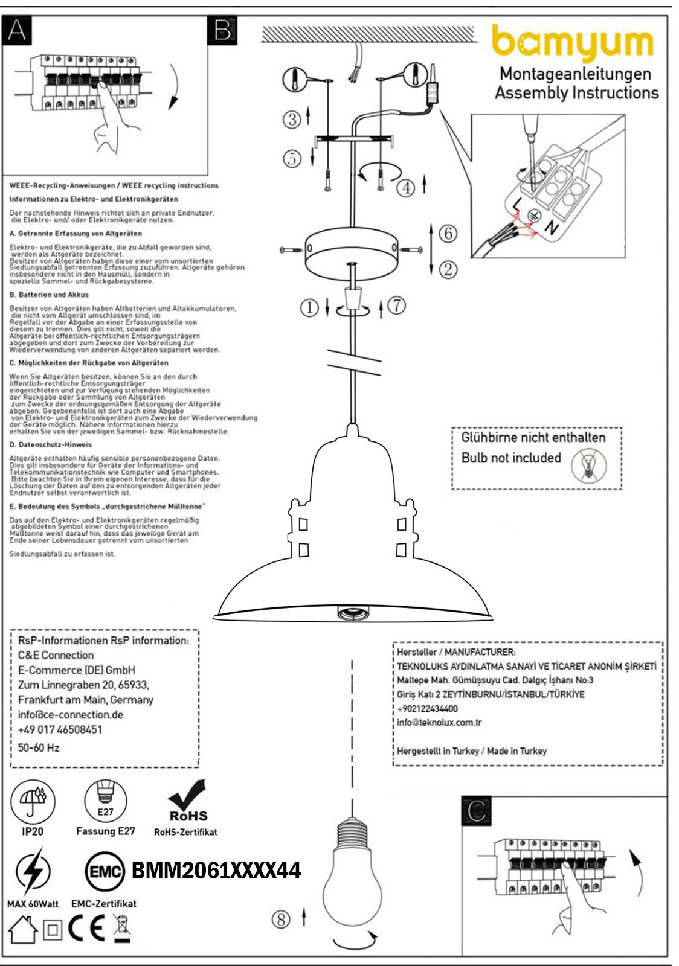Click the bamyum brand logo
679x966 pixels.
(x=573, y=43)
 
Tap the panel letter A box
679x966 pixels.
(x=17, y=30)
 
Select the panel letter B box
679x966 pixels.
(x=222, y=30)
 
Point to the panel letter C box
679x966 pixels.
(x=477, y=811)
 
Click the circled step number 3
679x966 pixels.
(x=292, y=119)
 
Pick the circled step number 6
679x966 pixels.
(x=448, y=233)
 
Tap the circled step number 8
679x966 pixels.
(x=281, y=920)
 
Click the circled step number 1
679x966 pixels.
(x=309, y=308)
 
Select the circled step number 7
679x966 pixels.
(x=396, y=305)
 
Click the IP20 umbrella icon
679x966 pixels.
(x=33, y=801)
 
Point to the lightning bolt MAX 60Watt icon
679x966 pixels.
(x=33, y=871)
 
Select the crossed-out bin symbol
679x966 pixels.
(x=123, y=928)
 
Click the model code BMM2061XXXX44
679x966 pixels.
(x=216, y=871)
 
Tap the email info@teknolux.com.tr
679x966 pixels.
(x=439, y=723)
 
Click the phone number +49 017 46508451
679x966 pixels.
(x=60, y=729)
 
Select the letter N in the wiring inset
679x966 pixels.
(x=550, y=228)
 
